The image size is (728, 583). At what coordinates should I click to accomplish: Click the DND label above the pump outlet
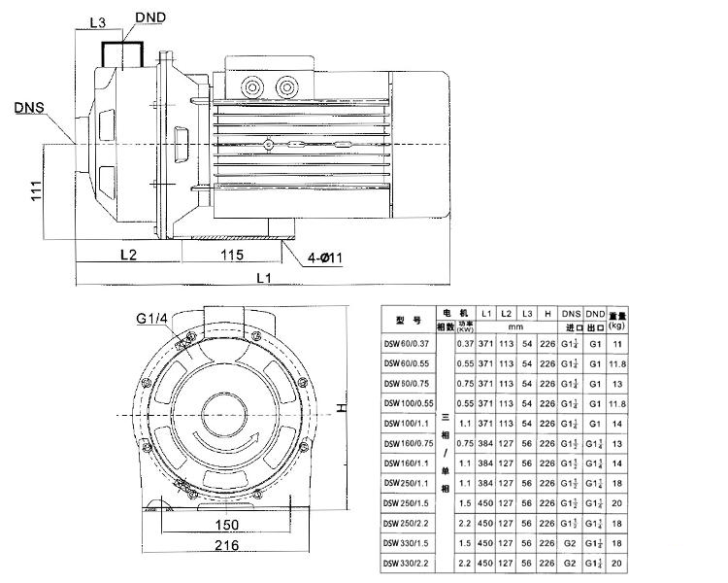tap(149, 17)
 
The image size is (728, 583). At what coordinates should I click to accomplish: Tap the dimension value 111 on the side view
tap(35, 190)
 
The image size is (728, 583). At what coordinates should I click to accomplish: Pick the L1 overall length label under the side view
tap(261, 279)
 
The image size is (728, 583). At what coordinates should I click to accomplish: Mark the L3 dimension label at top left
tap(97, 20)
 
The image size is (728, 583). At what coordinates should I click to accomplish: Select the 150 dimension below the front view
tap(228, 526)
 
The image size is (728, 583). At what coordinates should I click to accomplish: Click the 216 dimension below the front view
tap(228, 546)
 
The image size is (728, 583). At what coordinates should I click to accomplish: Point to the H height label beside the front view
tap(342, 409)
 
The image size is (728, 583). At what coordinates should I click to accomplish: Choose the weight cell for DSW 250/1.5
tap(617, 504)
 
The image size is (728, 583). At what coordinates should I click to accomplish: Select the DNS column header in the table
tap(571, 314)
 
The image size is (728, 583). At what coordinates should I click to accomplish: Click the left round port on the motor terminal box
tap(256, 87)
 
